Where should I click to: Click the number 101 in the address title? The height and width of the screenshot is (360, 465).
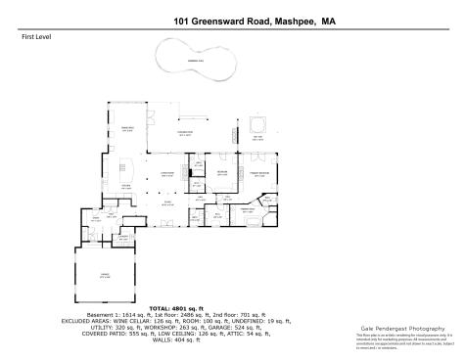pos(183,19)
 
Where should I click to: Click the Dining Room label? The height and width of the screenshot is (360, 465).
pos(126,129)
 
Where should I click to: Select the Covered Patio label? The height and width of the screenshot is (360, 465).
pos(184,134)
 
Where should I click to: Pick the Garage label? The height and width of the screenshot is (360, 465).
pos(105,277)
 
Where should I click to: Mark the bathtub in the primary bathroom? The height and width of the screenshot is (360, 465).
pos(256,223)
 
